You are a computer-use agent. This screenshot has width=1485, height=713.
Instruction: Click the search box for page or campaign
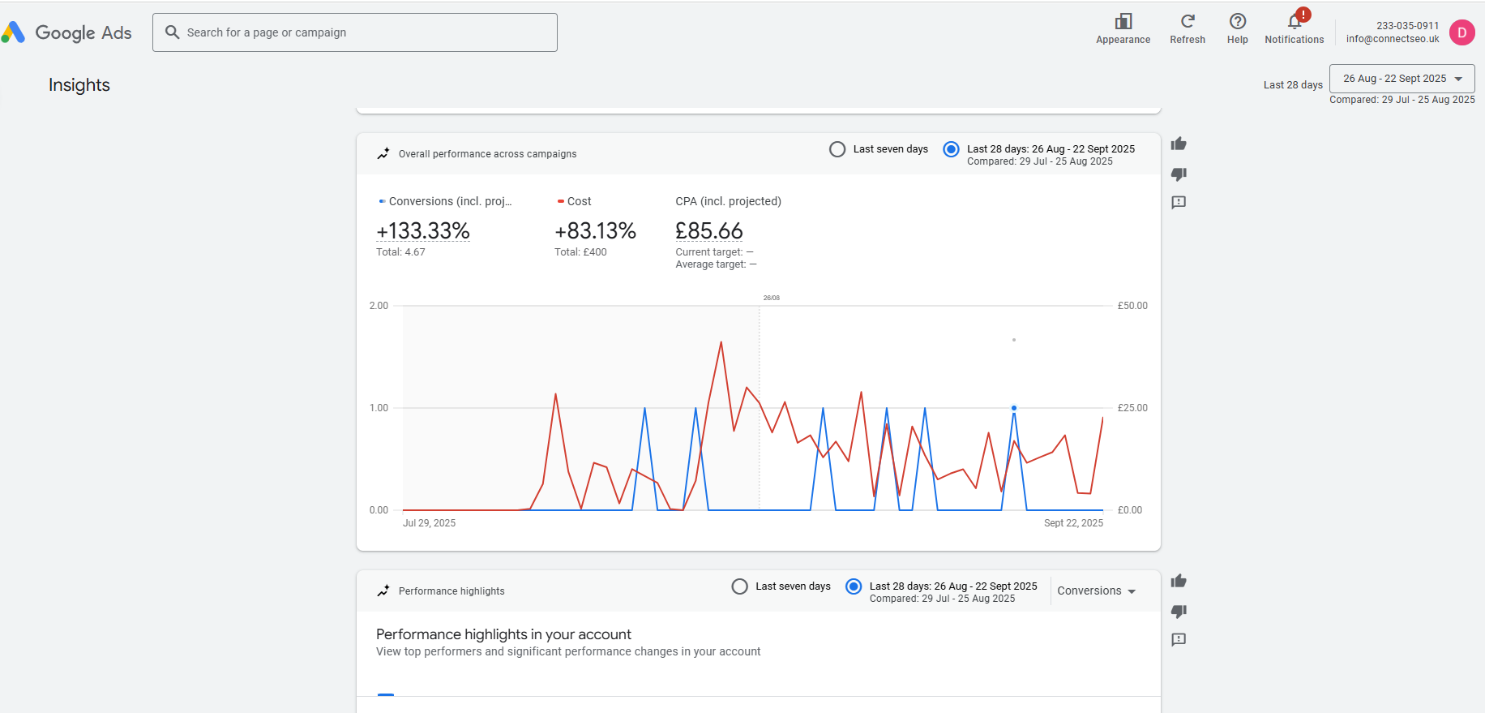(x=354, y=32)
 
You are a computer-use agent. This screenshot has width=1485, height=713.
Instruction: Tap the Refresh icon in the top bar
(x=1188, y=21)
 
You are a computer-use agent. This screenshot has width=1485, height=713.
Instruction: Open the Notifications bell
(x=1295, y=22)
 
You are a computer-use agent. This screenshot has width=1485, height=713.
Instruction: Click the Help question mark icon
(x=1238, y=21)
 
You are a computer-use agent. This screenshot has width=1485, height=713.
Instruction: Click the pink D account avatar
(x=1461, y=32)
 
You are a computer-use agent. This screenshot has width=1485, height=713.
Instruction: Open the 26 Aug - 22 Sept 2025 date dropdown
(x=1402, y=79)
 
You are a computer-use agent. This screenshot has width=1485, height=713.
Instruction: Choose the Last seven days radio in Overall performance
(x=837, y=149)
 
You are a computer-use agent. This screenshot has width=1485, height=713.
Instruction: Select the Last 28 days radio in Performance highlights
(x=854, y=586)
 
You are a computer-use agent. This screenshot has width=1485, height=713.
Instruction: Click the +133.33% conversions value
(x=423, y=231)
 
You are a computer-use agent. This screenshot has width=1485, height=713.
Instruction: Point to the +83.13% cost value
(x=595, y=231)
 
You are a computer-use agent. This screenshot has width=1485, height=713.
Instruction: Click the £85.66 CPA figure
(x=709, y=231)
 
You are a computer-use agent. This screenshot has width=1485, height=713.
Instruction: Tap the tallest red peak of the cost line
(x=721, y=343)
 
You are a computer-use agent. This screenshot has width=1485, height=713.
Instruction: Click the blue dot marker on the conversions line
(x=1014, y=408)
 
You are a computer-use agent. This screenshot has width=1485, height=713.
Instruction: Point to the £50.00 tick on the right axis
(x=1132, y=306)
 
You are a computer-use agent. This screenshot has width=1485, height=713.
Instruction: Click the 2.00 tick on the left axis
(x=379, y=306)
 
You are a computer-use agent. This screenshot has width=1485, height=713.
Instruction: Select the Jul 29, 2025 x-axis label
(x=429, y=523)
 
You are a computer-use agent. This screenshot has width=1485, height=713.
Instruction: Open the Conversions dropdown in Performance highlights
(x=1096, y=591)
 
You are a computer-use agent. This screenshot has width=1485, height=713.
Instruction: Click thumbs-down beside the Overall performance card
(x=1179, y=174)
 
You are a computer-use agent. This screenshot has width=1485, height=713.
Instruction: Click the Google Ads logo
(x=66, y=32)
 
